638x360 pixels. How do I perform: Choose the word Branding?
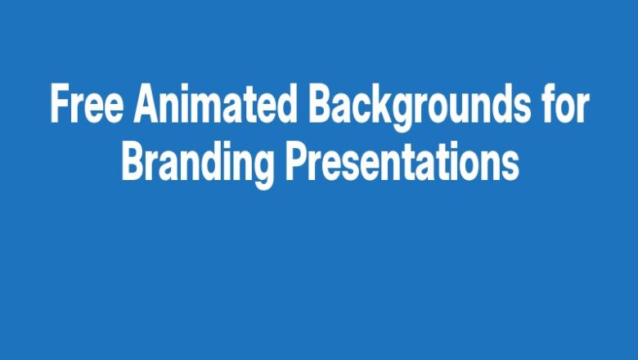(x=197, y=164)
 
